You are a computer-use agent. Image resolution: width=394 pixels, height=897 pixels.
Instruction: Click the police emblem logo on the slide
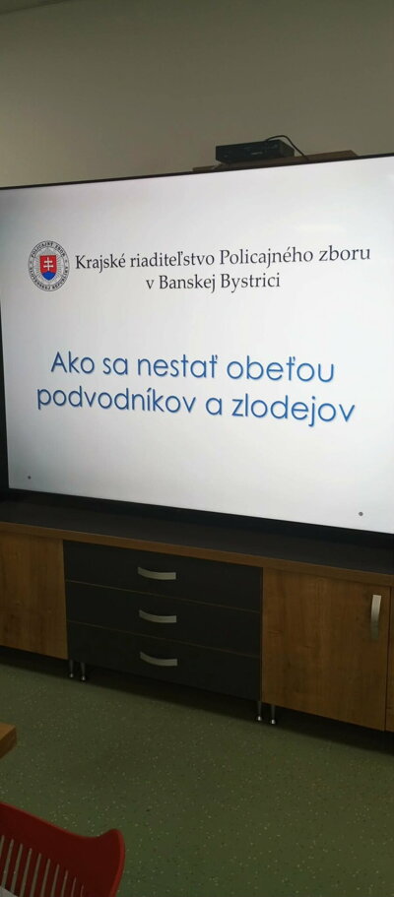point(48,266)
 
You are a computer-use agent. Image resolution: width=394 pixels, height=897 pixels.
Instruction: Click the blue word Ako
point(73,362)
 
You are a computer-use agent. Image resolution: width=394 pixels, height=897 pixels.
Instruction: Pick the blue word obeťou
point(281,369)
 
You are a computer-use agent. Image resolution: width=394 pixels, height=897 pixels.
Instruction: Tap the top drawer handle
point(157,574)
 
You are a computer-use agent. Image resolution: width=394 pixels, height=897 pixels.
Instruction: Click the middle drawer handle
point(158,616)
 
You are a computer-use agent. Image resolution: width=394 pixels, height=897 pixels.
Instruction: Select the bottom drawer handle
point(159,659)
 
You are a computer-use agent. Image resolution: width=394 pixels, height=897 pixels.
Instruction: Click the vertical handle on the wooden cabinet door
point(375,617)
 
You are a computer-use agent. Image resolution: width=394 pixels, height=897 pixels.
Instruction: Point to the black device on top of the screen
point(255,151)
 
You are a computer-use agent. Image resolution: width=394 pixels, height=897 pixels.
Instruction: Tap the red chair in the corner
point(60,852)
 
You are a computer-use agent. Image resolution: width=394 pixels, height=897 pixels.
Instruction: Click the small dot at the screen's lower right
point(361,514)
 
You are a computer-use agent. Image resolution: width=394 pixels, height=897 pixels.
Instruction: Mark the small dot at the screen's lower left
point(30,477)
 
